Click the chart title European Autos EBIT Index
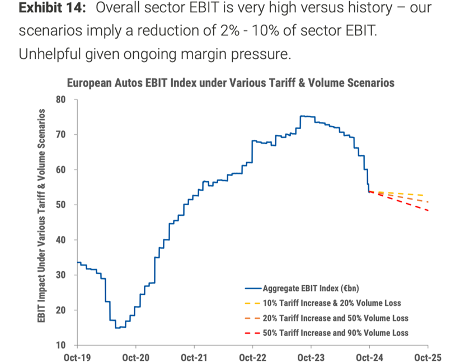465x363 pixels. pos(231,83)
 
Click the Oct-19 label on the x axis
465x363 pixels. pos(77,356)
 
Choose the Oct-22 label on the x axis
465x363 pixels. pos(252,356)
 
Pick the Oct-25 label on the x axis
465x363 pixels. pos(428,356)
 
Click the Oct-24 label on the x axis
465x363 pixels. pos(369,356)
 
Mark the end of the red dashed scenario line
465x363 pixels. pos(428,211)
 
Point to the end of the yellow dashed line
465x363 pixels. pos(428,196)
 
